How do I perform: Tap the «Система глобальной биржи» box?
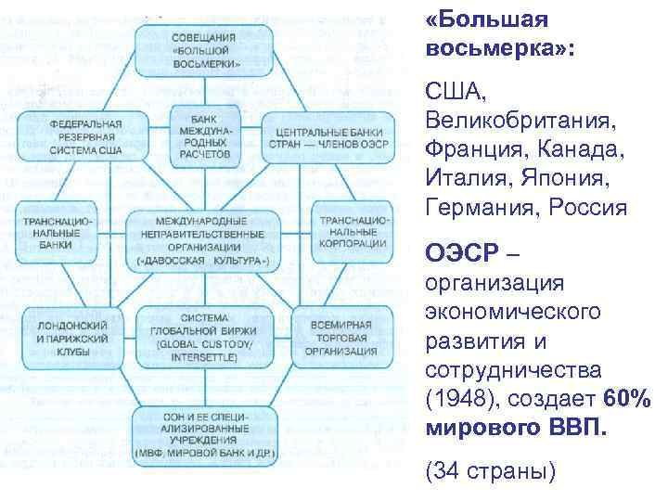204,333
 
